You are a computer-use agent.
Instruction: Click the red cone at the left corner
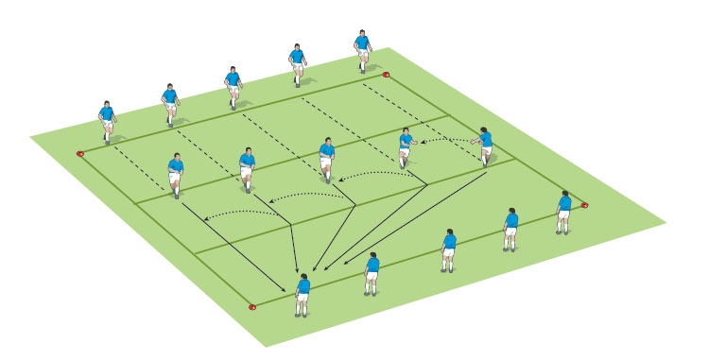[80, 152]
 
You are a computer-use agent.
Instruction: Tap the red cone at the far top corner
[386, 74]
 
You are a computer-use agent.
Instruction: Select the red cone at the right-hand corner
[585, 204]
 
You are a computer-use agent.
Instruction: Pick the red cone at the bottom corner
[252, 306]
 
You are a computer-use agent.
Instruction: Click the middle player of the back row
[233, 86]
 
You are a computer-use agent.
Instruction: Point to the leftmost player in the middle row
[176, 172]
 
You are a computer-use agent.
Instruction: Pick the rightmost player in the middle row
[486, 146]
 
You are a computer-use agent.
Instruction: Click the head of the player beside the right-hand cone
[565, 195]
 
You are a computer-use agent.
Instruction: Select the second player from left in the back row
[170, 103]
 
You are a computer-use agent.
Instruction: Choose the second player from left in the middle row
[247, 167]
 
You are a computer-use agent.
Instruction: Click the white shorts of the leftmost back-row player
[108, 128]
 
